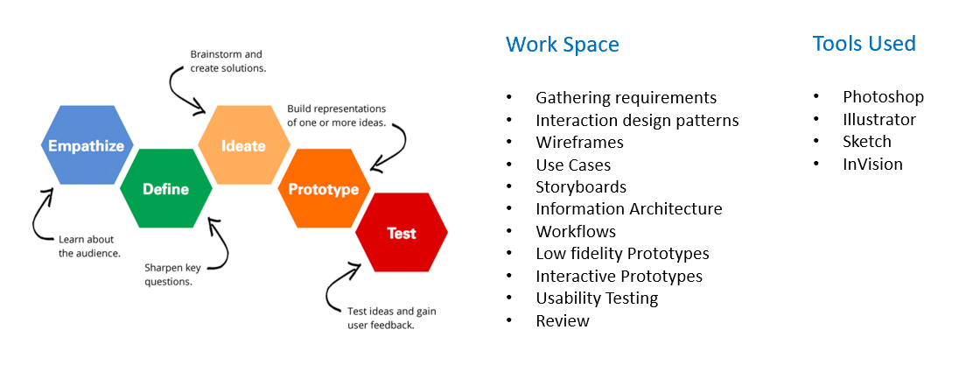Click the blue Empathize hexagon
(x=87, y=145)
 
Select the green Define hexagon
(x=165, y=189)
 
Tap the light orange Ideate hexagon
(x=244, y=145)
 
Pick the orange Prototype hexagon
(x=324, y=189)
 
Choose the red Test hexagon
(x=402, y=233)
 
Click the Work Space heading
(x=563, y=45)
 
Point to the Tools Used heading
(x=864, y=44)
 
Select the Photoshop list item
(x=883, y=96)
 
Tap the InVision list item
(x=872, y=164)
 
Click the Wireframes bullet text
(x=580, y=142)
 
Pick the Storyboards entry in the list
(x=581, y=186)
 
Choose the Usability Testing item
(x=597, y=298)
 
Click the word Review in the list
(x=563, y=320)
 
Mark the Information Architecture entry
(x=629, y=208)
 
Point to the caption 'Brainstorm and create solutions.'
(x=228, y=61)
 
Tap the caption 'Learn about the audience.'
(x=89, y=246)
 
